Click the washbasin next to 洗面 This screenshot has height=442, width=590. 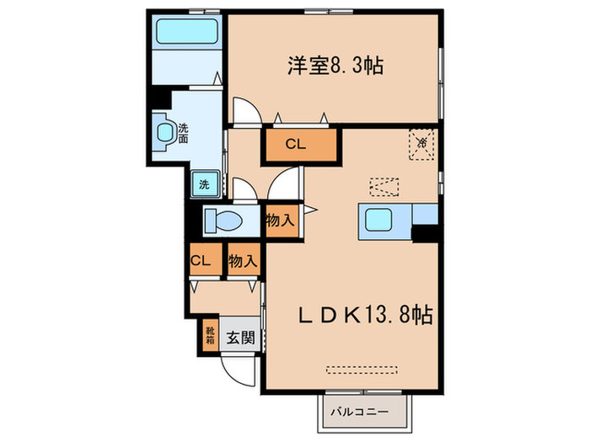166,132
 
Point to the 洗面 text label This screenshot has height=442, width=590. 183,132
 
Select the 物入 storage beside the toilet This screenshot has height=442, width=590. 280,221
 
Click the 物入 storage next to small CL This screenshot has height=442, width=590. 242,261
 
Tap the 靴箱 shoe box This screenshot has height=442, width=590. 208,337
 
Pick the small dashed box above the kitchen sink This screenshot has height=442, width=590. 383,184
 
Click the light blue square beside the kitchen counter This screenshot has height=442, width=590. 425,214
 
